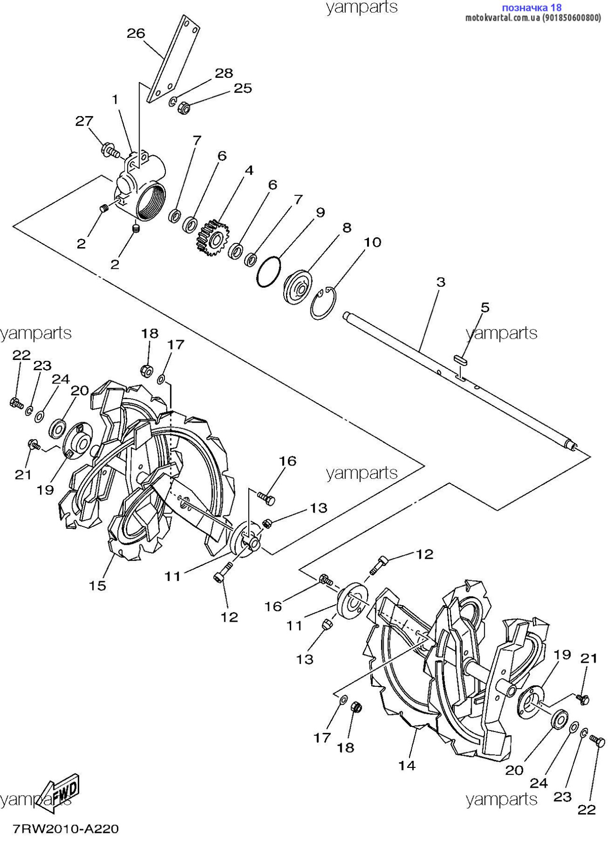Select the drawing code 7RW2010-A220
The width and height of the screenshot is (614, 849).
click(65, 829)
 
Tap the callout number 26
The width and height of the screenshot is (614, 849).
click(136, 33)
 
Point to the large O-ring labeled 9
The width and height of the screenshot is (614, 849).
click(269, 271)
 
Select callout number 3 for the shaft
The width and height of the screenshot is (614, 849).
click(441, 282)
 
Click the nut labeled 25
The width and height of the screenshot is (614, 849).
click(184, 108)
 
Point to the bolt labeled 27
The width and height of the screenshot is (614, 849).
click(110, 150)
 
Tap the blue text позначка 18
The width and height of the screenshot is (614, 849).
click(532, 8)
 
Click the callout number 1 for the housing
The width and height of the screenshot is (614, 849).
click(115, 100)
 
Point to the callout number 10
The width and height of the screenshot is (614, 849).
click(372, 242)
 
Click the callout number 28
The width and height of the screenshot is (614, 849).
click(224, 73)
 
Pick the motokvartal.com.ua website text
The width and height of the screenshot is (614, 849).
click(502, 18)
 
